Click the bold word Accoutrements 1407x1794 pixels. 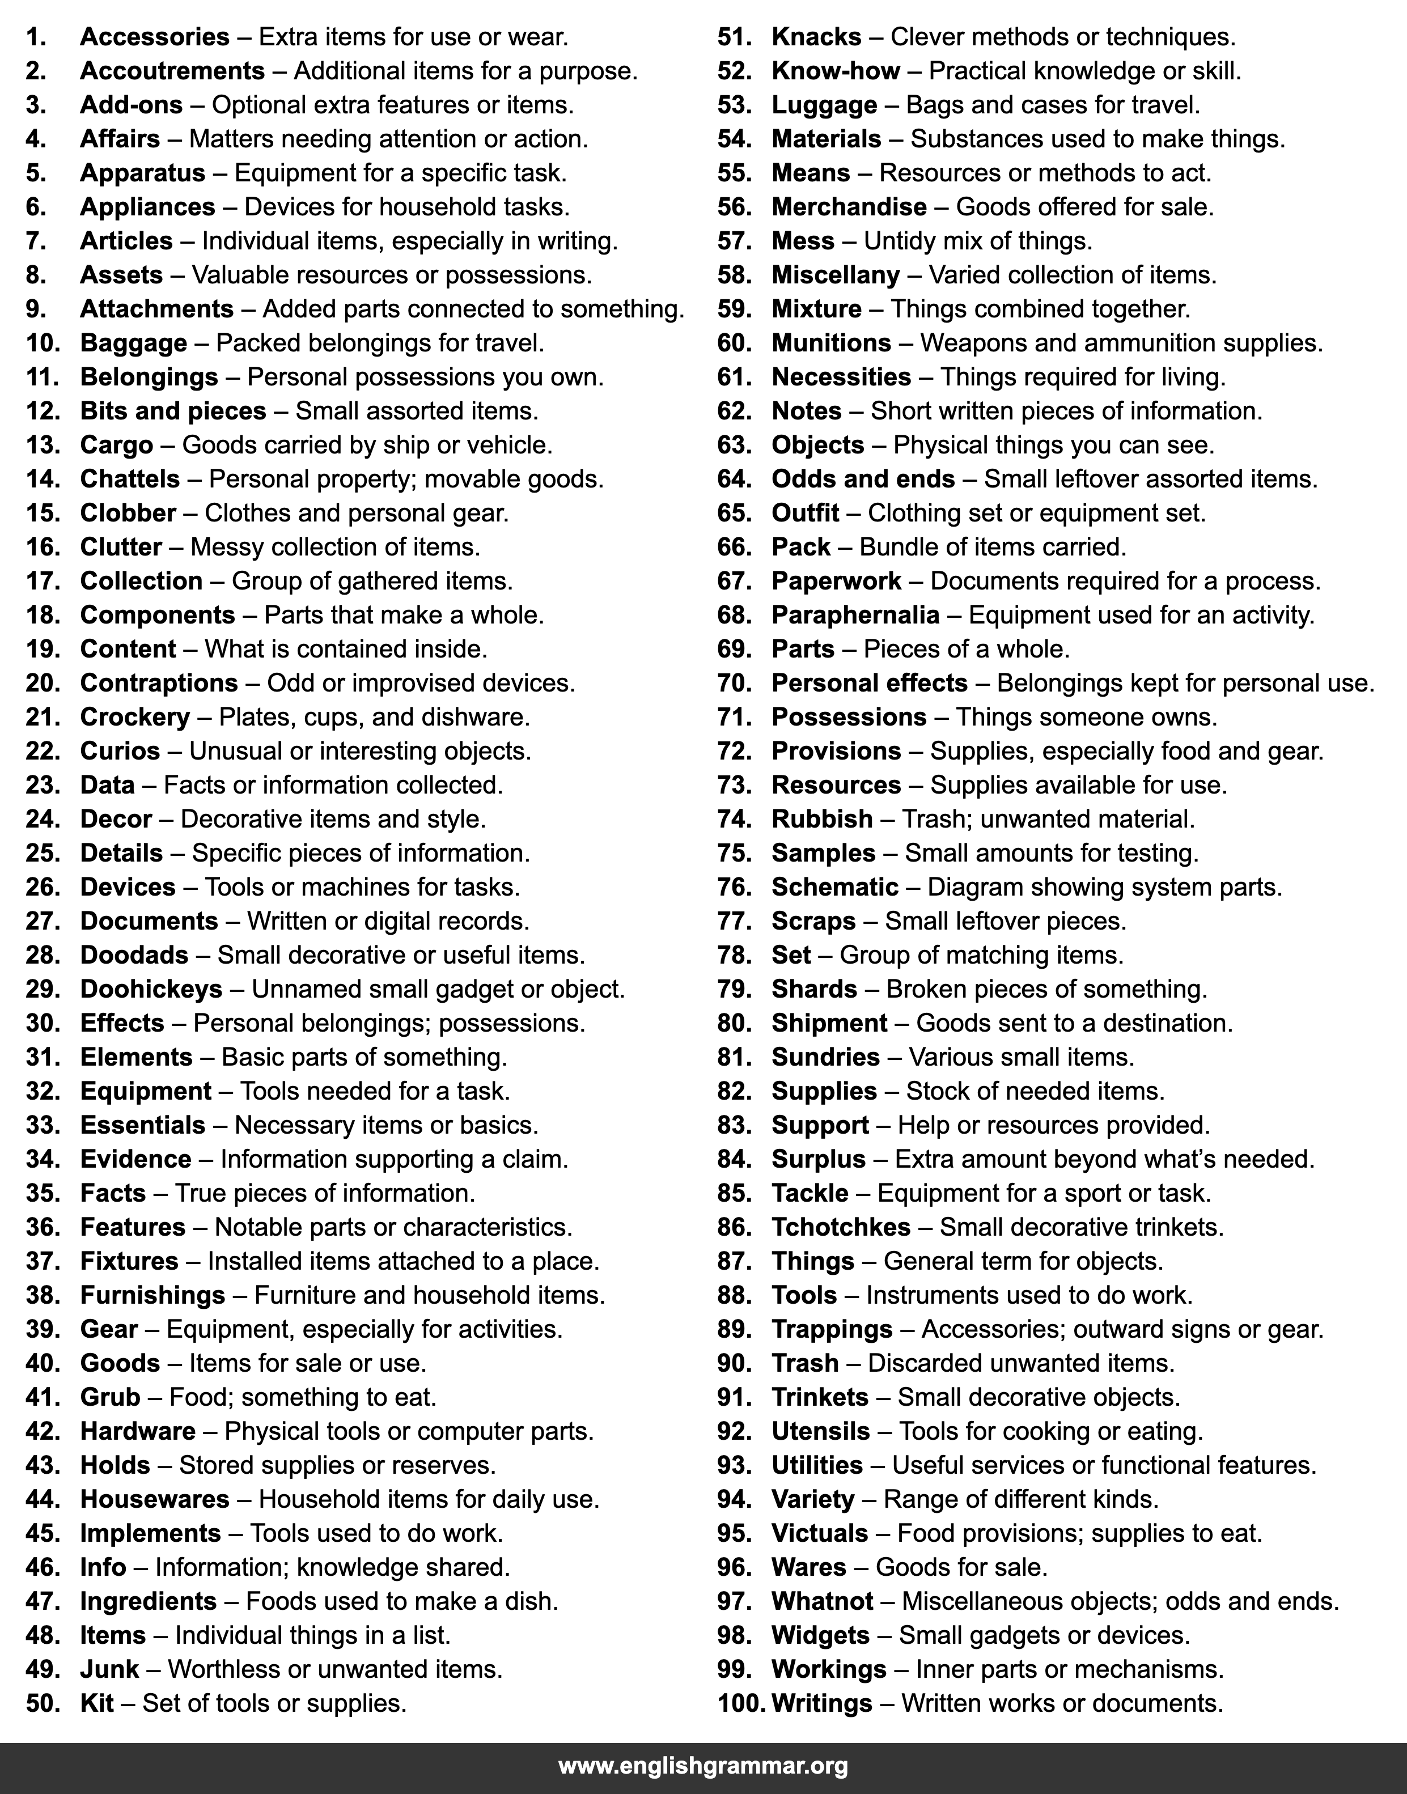[172, 71]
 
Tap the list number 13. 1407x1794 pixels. [43, 446]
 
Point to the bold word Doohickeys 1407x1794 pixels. [151, 989]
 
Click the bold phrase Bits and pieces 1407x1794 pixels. [173, 411]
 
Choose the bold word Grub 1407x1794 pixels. [111, 1398]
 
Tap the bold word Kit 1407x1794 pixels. [96, 1703]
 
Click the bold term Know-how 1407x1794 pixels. [836, 71]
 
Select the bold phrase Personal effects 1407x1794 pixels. [869, 684]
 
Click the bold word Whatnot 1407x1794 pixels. [822, 1601]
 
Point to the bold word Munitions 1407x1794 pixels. [831, 343]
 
